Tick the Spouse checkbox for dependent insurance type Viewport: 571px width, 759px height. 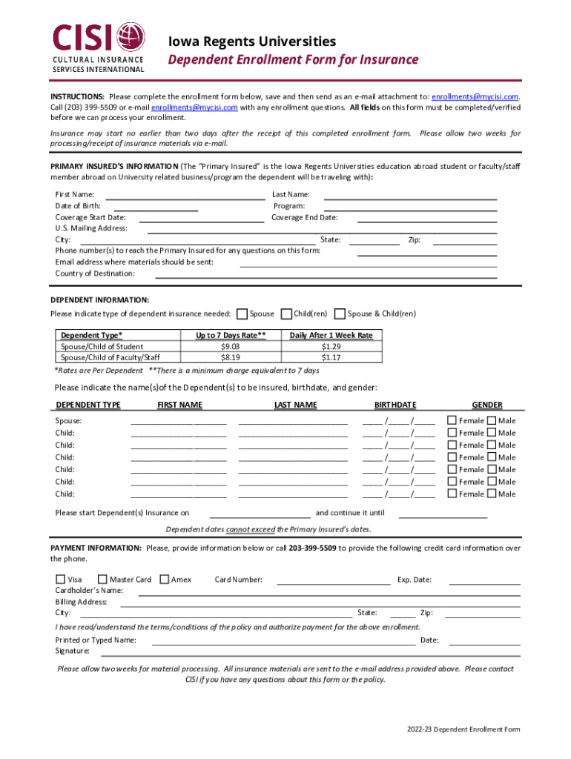[x=241, y=314]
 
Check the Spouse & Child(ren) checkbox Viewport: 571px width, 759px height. [x=340, y=314]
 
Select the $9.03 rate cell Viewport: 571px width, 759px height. [x=230, y=346]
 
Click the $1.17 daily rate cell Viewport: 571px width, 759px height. [x=331, y=357]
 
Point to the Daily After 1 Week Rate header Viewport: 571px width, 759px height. [x=331, y=335]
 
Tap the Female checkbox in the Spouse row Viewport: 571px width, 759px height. [x=452, y=420]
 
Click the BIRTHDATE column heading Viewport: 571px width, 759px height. [x=395, y=405]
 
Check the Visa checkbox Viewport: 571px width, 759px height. [x=60, y=579]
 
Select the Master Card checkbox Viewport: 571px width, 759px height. [x=102, y=579]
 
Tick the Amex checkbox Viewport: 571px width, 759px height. [x=164, y=579]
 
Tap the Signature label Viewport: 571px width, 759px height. [x=73, y=651]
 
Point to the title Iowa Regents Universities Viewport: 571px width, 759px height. [x=251, y=42]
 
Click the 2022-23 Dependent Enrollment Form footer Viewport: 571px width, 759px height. [x=463, y=729]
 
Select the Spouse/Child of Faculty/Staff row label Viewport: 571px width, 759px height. [x=110, y=357]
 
